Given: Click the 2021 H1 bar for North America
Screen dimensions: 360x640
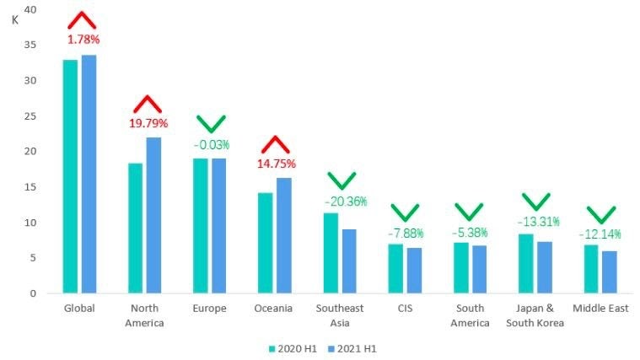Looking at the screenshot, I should [x=153, y=215].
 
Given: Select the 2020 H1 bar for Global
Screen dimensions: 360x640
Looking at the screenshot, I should [x=70, y=176].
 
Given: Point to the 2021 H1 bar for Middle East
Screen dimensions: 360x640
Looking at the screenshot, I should [x=610, y=271].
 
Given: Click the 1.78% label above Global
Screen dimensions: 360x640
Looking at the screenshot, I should [x=83, y=40].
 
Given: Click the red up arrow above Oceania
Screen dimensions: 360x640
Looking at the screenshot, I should [x=277, y=144].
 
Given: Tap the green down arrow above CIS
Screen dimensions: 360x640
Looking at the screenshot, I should [x=405, y=213].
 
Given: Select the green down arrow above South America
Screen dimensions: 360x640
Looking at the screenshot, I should [x=470, y=212].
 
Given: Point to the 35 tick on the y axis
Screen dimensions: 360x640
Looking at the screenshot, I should [x=31, y=46].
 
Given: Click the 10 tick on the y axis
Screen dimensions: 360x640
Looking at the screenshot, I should [x=31, y=223].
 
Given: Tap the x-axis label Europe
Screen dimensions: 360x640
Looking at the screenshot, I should [x=209, y=309].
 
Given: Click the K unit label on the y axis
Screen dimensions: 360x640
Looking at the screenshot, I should [x=15, y=19].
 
